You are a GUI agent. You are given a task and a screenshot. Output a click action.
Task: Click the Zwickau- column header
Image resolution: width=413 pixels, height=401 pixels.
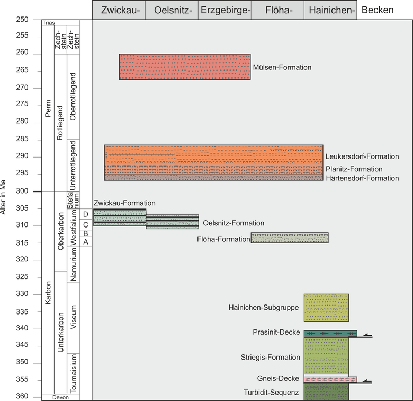point(119,10)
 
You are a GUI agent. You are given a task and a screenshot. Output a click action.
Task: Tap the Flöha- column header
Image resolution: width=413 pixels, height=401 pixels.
point(277,10)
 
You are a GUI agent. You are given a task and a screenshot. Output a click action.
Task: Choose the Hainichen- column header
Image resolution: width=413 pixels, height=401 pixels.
point(330,10)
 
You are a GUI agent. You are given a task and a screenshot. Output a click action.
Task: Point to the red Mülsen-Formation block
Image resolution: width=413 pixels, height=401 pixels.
point(184,66)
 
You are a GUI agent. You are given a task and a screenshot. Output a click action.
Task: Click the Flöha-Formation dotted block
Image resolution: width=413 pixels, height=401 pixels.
point(289,238)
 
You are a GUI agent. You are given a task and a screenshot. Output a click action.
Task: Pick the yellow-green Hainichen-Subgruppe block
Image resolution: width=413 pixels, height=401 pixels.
point(326,308)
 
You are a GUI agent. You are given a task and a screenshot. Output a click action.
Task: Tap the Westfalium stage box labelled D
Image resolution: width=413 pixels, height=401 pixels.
point(86,214)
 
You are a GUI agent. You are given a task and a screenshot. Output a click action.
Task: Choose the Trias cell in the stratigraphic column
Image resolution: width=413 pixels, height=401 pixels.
point(49,22)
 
